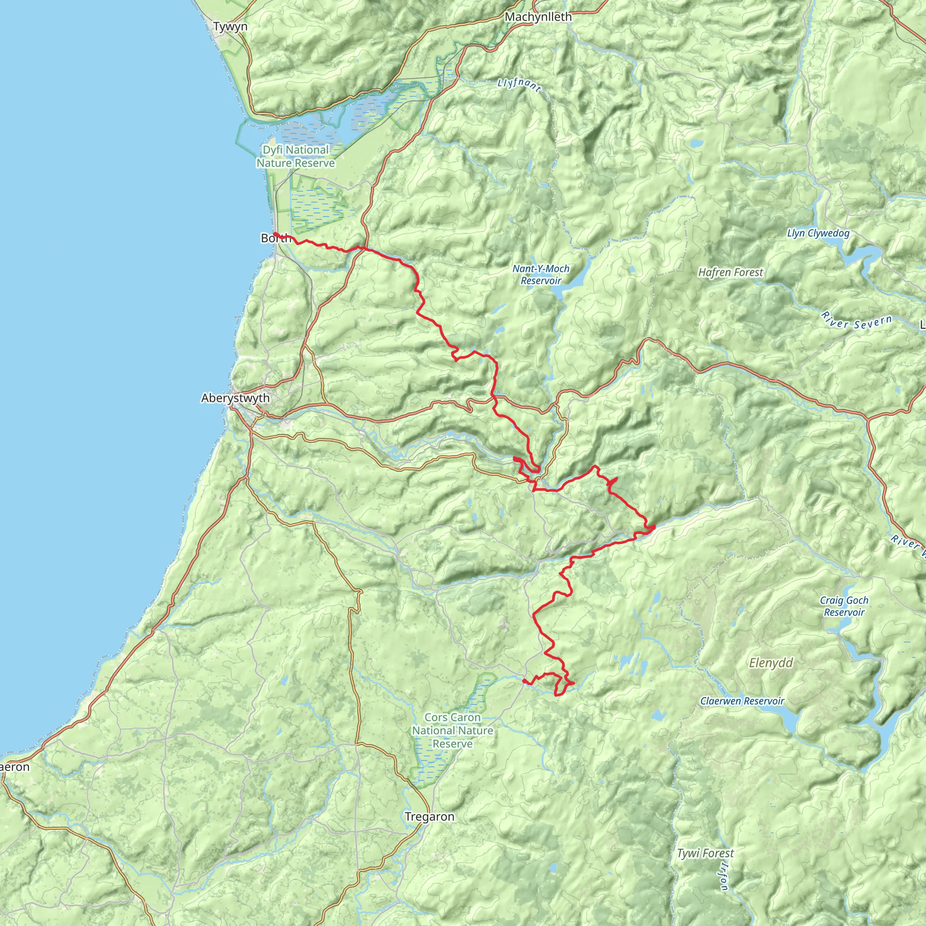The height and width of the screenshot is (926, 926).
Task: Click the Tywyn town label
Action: coord(230,27)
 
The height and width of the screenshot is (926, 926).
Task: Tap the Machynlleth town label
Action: coord(538,17)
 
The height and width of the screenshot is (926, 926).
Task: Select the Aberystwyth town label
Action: coord(235,398)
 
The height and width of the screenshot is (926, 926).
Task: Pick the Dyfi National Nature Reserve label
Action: coord(295,157)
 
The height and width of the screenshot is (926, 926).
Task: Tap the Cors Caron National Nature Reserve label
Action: coord(453,731)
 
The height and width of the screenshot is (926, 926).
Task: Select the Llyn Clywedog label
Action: coord(818,234)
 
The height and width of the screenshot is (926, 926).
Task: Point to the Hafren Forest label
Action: coord(731,273)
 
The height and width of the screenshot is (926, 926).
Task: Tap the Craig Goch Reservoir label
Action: coord(844,606)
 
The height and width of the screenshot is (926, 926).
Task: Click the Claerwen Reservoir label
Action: coord(742,701)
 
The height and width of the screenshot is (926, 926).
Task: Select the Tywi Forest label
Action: coord(705,854)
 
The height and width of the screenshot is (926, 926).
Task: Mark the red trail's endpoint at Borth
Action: coord(275,234)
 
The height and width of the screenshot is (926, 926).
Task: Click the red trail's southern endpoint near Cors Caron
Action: coord(524,680)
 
